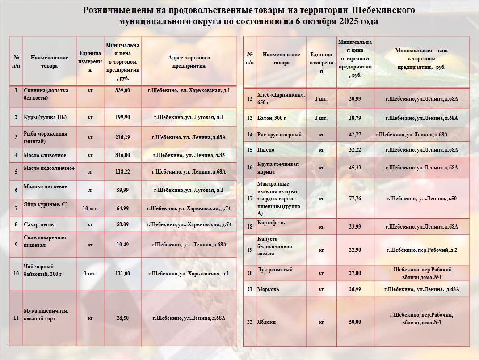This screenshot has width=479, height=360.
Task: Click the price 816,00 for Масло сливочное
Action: click(122, 155)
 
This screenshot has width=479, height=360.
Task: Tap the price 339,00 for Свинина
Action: click(122, 90)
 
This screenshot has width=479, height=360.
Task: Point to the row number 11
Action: click(16, 318)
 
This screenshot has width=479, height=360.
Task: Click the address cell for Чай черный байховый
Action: click(189, 274)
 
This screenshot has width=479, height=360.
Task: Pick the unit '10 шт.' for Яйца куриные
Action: click(90, 208)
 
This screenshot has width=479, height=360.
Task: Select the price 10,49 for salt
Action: click(122, 245)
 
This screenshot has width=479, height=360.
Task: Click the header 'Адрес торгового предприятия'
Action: click(189, 62)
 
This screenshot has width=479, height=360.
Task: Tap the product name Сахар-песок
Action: click(39, 224)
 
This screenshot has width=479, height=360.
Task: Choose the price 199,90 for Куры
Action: click(122, 117)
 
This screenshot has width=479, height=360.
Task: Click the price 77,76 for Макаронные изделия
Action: click(355, 199)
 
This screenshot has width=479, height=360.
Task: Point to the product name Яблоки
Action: click(266, 322)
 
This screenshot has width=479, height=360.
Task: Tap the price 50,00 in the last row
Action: click(355, 322)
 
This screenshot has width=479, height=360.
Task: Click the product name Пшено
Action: click(266, 150)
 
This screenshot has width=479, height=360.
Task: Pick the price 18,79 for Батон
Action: click(355, 118)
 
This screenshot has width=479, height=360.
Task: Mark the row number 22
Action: click(249, 322)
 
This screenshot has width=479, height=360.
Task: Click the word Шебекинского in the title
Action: click(383, 10)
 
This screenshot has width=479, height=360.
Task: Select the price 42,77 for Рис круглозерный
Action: click(355, 135)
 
